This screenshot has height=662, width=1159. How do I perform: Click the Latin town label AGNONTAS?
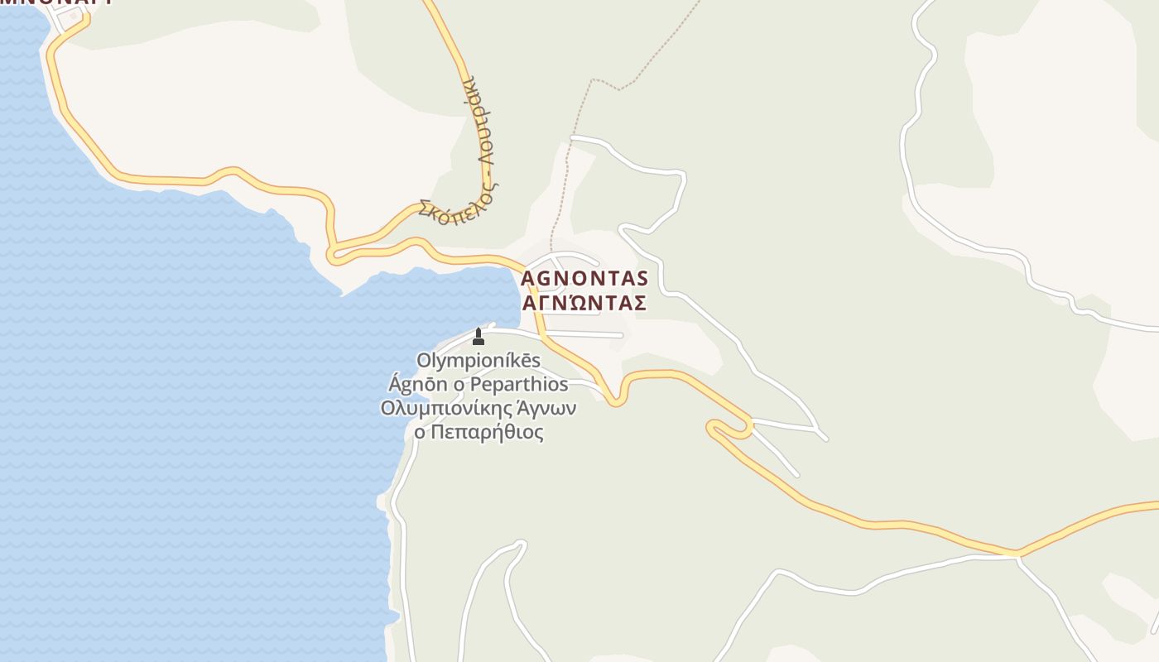tap(584, 278)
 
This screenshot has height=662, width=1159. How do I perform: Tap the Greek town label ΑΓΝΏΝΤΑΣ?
tap(584, 303)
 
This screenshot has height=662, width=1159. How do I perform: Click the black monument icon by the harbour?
tap(478, 336)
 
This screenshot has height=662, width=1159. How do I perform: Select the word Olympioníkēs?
tap(479, 361)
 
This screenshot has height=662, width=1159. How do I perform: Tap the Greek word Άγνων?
tap(546, 409)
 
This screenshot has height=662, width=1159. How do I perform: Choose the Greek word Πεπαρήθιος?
tap(487, 433)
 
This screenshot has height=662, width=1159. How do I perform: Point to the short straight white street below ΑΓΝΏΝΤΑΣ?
tap(584, 334)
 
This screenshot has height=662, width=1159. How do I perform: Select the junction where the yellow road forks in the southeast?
tap(1017, 553)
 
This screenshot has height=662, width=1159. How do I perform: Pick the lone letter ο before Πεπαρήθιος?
tap(420, 433)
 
